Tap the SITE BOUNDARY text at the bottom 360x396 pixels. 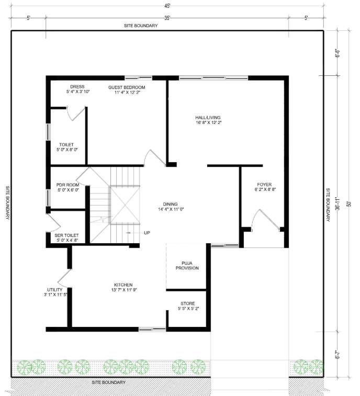click(x=108, y=383)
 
